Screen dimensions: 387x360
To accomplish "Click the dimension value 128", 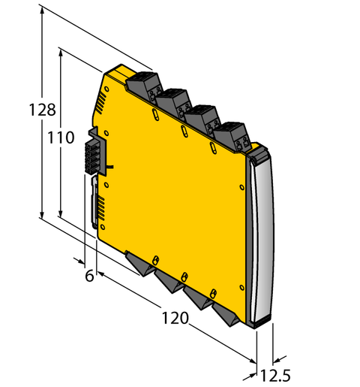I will tap(42, 110).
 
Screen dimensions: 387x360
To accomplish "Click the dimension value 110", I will tap(61, 138).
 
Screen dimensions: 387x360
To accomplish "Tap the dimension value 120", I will tap(175, 319).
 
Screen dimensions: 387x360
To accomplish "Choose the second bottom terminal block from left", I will tap(169, 278).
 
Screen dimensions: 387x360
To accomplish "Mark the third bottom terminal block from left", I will tap(198, 295).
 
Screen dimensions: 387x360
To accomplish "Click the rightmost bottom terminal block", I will tap(226, 312).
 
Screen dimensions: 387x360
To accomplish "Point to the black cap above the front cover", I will tap(259, 154).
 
